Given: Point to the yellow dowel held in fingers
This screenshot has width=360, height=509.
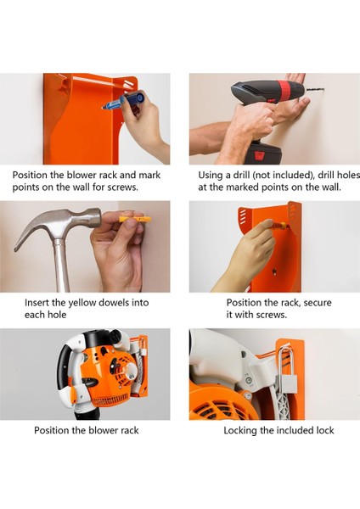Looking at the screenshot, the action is [134, 219].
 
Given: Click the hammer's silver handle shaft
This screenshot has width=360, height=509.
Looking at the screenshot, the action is [61, 266].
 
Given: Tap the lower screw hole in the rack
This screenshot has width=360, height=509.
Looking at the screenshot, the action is [274, 271].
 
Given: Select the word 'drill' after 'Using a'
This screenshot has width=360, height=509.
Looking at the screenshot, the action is [241, 175].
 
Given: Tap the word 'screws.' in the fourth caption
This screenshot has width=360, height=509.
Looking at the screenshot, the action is [272, 315].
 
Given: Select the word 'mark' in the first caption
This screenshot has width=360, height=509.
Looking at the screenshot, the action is [149, 176].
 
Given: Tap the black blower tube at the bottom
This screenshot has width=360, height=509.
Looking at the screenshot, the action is [85, 415].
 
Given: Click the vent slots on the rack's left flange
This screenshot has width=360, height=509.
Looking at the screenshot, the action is [242, 216].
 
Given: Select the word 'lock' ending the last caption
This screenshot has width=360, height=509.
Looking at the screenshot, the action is [325, 430].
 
